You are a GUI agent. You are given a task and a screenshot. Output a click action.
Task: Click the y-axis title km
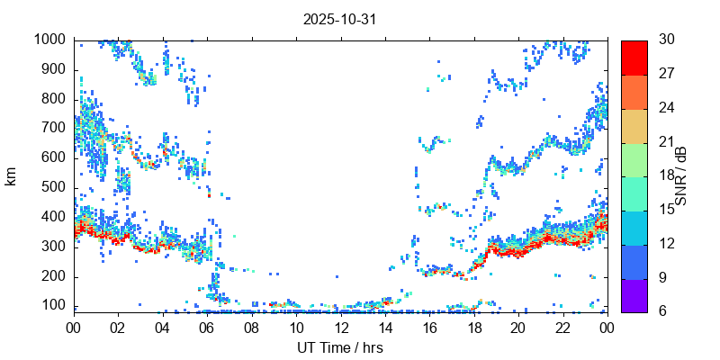click(12, 175)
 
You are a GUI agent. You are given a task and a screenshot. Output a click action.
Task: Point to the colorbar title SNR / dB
click(681, 175)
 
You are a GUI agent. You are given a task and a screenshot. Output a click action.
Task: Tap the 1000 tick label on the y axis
click(49, 40)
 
